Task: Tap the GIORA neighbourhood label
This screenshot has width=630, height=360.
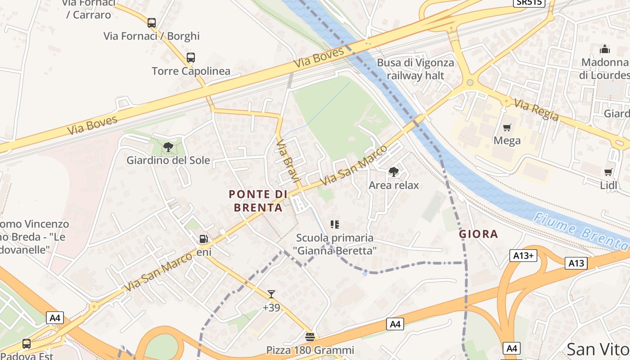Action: point(478,234)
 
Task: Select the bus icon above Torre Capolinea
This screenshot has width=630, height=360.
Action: point(191,58)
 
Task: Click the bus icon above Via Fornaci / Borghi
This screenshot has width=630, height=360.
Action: point(152,22)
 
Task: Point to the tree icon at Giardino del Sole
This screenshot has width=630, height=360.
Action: point(168,147)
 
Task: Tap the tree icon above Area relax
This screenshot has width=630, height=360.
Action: point(394,171)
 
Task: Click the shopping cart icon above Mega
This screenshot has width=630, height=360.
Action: point(507,128)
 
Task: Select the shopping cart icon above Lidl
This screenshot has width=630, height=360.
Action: point(608,171)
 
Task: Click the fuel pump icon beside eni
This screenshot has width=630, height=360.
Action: point(204,239)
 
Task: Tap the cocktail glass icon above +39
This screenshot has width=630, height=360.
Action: point(271,294)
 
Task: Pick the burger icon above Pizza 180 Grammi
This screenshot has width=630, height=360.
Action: point(310,337)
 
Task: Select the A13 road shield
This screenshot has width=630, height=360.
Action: point(576,263)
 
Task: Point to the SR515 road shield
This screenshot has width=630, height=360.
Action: point(529,2)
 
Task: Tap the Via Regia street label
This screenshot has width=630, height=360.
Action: point(536,110)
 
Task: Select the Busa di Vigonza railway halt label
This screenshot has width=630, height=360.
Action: point(415,69)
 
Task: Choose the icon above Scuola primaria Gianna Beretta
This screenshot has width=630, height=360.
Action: point(334,224)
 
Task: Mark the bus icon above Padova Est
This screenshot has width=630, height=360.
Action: point(27,344)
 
